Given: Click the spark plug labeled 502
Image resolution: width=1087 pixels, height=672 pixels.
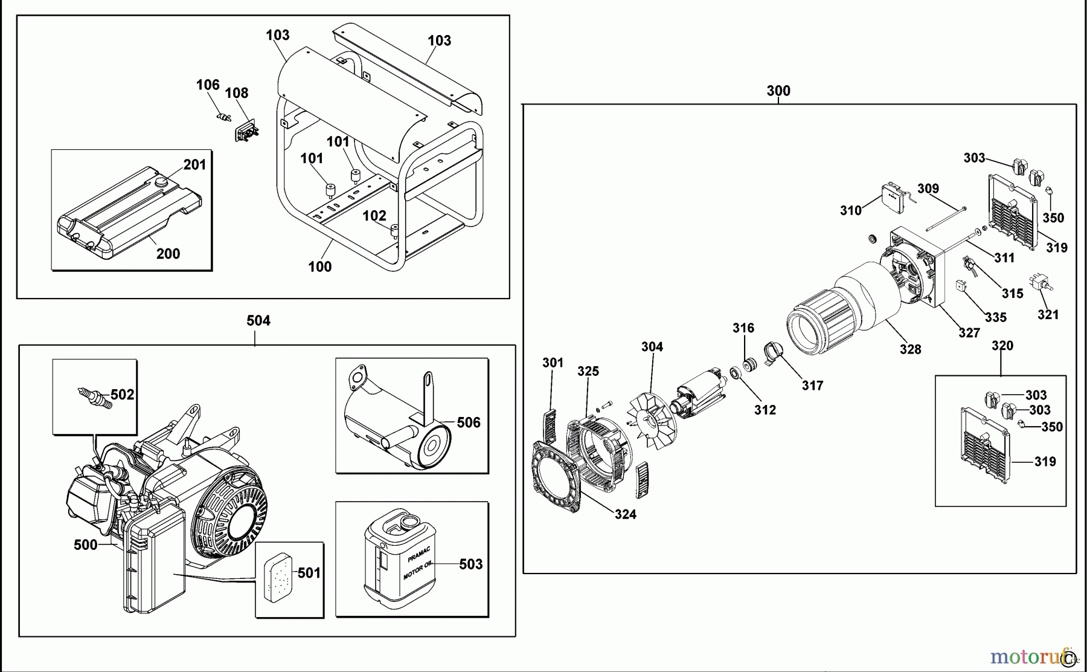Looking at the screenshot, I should [x=94, y=397].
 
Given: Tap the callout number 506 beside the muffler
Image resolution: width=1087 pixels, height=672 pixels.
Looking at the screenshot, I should [x=469, y=422].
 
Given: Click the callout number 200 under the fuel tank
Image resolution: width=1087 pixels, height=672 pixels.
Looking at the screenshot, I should [x=168, y=254].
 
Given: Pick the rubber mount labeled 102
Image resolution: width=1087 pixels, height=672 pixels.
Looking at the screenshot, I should [x=395, y=231].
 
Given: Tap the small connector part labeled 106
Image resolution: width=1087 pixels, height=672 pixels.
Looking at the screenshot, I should [x=223, y=116].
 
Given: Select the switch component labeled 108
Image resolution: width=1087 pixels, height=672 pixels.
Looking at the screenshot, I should [x=246, y=132].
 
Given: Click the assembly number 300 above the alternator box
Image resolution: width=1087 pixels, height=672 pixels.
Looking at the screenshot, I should [x=778, y=91].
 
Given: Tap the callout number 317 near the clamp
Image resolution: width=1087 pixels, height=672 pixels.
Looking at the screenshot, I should [x=812, y=386].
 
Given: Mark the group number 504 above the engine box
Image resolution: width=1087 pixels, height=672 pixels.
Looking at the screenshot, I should [x=258, y=321].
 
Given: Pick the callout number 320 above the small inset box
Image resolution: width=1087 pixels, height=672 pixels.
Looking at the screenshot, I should [x=1002, y=346].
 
